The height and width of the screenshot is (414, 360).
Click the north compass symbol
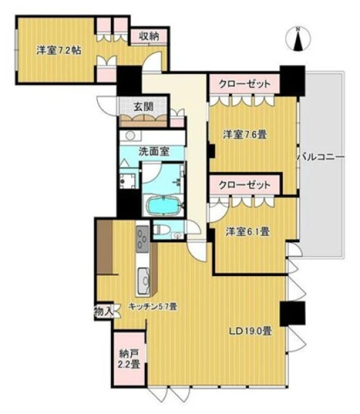[x=298, y=39]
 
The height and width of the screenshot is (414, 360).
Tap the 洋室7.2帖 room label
[x=59, y=50]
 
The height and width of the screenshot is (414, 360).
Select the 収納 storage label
[x=149, y=36]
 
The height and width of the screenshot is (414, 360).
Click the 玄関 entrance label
[x=143, y=107]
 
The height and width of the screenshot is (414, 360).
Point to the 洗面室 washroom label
[x=154, y=152]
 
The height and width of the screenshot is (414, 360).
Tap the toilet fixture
[x=161, y=230]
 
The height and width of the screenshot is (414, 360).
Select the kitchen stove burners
[x=143, y=239]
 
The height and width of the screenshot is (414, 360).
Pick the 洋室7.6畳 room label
[x=245, y=135]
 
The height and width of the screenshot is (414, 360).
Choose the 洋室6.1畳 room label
[x=248, y=232]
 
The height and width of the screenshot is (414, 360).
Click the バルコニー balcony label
[x=321, y=157]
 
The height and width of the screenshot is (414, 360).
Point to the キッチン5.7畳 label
[x=152, y=306]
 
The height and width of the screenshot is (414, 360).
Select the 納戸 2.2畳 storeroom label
[x=130, y=359]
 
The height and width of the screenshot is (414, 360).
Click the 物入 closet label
[x=103, y=312]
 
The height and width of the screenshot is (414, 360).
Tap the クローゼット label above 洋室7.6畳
[x=245, y=84]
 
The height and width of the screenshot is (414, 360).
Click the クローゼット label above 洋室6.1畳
[x=245, y=185]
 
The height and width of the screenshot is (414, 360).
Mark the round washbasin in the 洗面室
[x=130, y=136]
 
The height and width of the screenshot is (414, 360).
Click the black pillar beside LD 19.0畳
[x=292, y=314]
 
